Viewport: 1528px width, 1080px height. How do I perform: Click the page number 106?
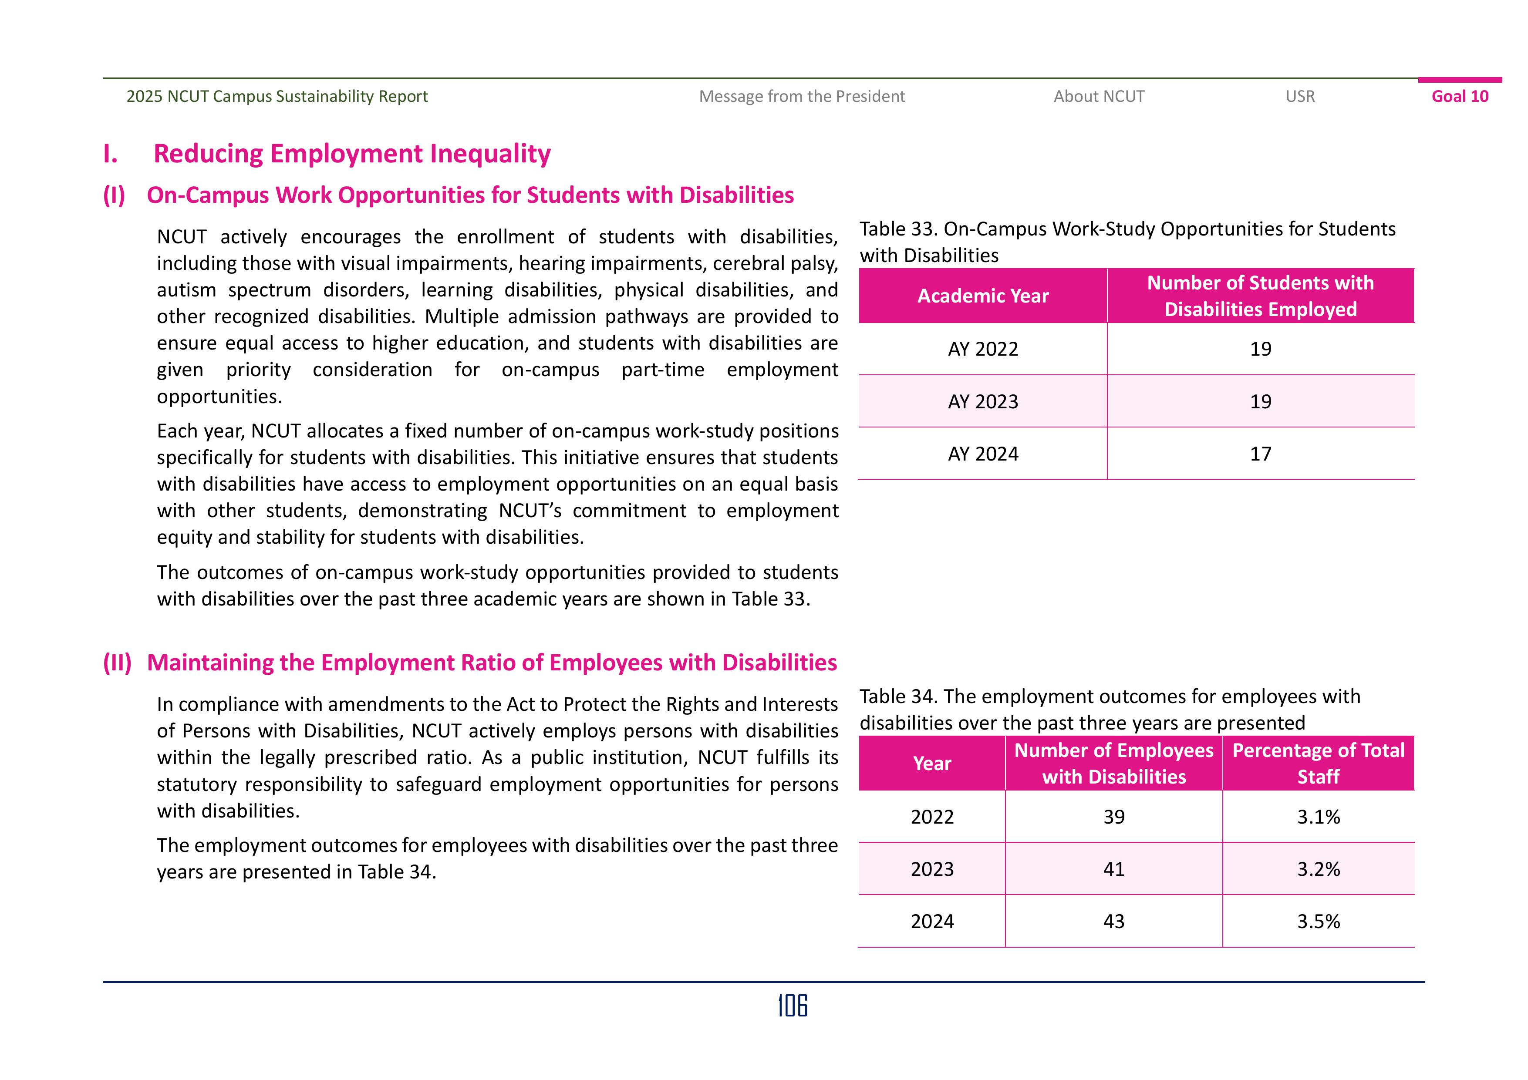tap(793, 1006)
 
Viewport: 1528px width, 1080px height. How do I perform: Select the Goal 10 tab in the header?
tap(1460, 97)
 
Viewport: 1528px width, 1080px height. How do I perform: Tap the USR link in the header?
tap(1300, 97)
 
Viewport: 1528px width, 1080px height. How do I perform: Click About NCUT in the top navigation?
tap(1099, 97)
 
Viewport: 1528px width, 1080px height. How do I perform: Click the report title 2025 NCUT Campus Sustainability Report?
tap(277, 97)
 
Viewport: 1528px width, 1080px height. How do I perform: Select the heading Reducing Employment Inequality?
tap(351, 154)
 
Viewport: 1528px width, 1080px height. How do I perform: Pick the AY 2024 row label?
tap(983, 454)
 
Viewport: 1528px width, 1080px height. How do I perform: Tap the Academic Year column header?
tap(983, 296)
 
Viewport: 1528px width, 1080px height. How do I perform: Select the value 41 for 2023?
tap(1113, 869)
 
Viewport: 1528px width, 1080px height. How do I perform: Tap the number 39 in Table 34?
tap(1113, 817)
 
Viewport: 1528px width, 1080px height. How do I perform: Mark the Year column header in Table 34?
tap(932, 763)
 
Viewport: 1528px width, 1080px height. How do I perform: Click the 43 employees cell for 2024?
tap(1113, 922)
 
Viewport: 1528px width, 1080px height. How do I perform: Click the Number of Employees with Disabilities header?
tap(1113, 763)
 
